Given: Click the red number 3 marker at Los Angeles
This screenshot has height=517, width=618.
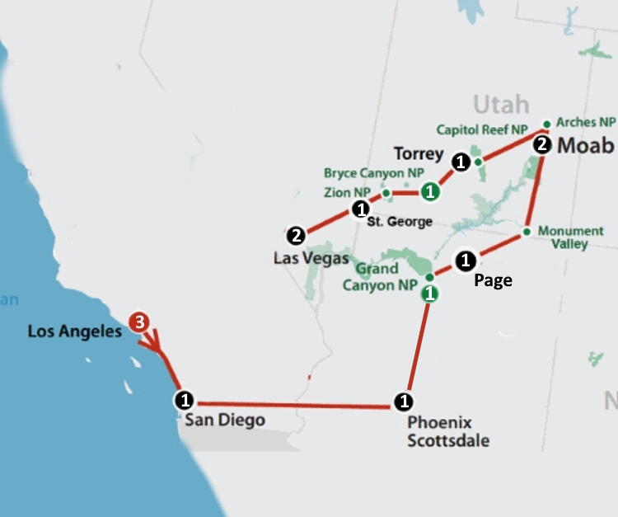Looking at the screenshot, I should click(x=140, y=322).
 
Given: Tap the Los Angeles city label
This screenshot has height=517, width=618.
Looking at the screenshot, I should click(x=74, y=332).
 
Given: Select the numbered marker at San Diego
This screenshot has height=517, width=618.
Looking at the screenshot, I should click(x=185, y=400).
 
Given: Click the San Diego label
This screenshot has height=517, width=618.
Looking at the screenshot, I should click(x=224, y=421).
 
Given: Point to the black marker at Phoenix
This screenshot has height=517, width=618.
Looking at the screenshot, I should click(x=403, y=402).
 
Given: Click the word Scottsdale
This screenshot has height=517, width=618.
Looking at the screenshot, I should click(x=448, y=440).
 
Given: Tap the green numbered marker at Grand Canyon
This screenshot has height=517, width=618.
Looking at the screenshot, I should click(x=428, y=293).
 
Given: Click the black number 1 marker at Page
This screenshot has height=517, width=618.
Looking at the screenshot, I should click(x=465, y=261).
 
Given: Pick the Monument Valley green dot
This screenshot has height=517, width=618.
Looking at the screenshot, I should click(x=526, y=233).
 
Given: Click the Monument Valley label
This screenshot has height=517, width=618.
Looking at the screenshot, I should click(x=570, y=237).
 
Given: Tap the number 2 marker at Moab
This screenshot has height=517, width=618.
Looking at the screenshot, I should click(x=541, y=145).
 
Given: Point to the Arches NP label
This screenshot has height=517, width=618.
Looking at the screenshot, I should click(x=587, y=122).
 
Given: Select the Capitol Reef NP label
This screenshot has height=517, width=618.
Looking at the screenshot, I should click(x=481, y=129).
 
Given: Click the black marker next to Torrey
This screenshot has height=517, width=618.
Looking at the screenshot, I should click(x=461, y=162).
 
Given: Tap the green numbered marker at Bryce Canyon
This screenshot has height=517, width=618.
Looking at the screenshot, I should click(x=429, y=192).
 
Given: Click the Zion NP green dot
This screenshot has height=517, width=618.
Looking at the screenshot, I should click(x=386, y=192).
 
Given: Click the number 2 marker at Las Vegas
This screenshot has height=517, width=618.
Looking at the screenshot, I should click(x=296, y=236).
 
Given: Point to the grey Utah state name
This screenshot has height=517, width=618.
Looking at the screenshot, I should click(x=500, y=104).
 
